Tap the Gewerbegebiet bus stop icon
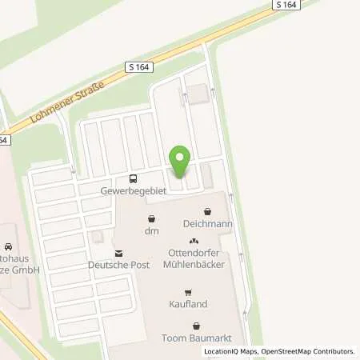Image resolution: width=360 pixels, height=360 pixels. (133, 178)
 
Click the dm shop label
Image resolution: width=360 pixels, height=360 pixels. (152, 230)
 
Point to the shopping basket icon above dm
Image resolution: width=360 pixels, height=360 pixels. (150, 218)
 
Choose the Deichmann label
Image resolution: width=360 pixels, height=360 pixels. (207, 225)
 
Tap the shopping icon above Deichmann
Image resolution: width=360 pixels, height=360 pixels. (208, 212)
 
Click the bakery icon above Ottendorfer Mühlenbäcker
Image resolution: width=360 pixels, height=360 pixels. (192, 241)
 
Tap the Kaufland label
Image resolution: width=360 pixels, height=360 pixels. (189, 304)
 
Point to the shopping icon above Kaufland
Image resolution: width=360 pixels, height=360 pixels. (189, 291)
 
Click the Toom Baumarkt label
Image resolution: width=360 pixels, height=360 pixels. (197, 338)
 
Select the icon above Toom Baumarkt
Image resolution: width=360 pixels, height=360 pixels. (197, 326)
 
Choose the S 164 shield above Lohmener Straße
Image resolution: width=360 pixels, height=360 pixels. (138, 70)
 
